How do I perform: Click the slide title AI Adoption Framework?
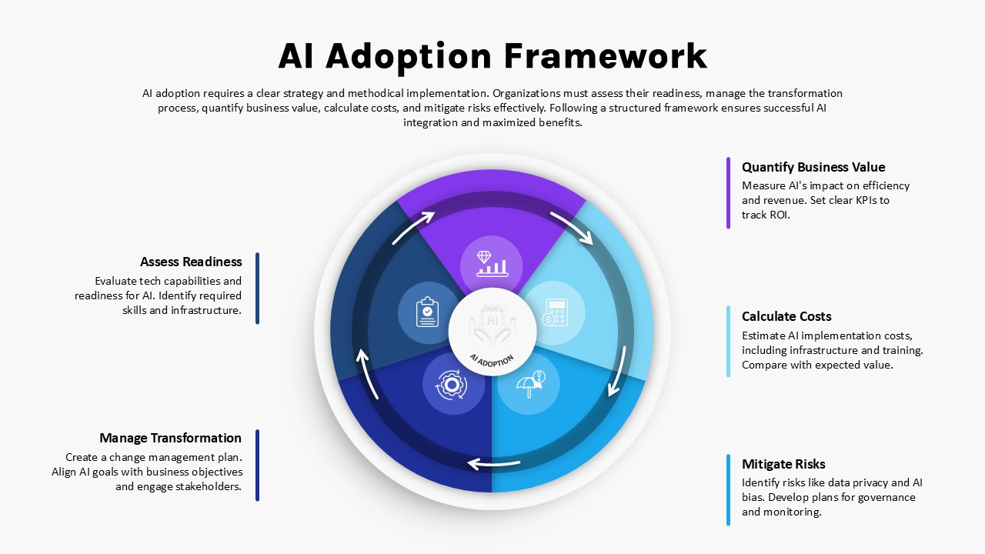[x=492, y=56]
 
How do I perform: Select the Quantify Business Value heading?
[x=813, y=167]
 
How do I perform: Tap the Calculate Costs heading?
[x=786, y=316]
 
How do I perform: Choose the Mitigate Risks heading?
[x=783, y=464]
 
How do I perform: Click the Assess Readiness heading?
[x=191, y=262]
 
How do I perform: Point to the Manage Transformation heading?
[x=170, y=438]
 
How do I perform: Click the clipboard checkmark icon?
[x=427, y=312]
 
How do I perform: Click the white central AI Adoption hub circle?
[x=492, y=332]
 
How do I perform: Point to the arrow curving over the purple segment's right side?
[x=572, y=227]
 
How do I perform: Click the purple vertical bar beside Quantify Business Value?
[x=728, y=192]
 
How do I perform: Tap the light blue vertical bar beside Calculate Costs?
[x=728, y=341]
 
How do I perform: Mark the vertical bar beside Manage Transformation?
[x=257, y=465]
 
